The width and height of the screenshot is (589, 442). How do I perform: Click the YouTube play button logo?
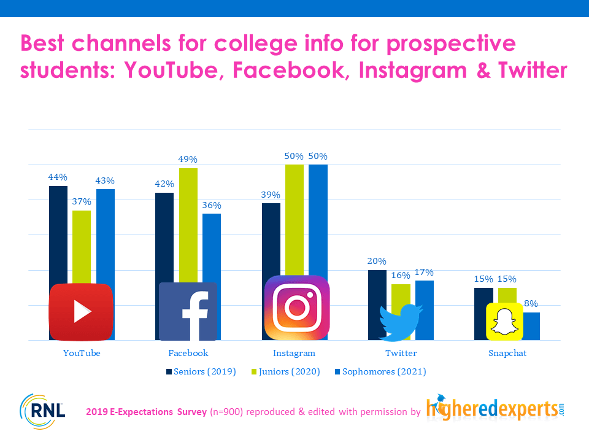81,312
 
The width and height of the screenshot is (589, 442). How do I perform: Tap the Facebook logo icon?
188,312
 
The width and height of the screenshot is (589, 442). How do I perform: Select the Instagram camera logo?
297,308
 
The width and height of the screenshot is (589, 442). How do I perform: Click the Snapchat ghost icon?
504,321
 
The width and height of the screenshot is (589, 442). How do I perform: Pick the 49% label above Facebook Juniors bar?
188,160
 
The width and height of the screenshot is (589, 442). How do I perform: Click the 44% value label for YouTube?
58,177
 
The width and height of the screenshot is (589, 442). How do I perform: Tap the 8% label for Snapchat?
531,303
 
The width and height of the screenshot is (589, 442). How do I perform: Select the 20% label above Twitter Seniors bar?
377,262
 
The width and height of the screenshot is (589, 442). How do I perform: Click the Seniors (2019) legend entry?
201,372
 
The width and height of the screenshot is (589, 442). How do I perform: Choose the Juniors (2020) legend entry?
286,372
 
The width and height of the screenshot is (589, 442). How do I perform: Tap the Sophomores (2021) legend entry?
380,372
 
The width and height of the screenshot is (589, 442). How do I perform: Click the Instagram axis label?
294,354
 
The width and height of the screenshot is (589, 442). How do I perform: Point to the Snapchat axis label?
507,354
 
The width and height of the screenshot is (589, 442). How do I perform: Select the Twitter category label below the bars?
401,354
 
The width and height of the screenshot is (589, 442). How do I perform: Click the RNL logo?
42,411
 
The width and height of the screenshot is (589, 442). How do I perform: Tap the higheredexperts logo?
496,408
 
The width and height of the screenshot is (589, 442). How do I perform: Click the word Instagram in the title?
413,71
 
